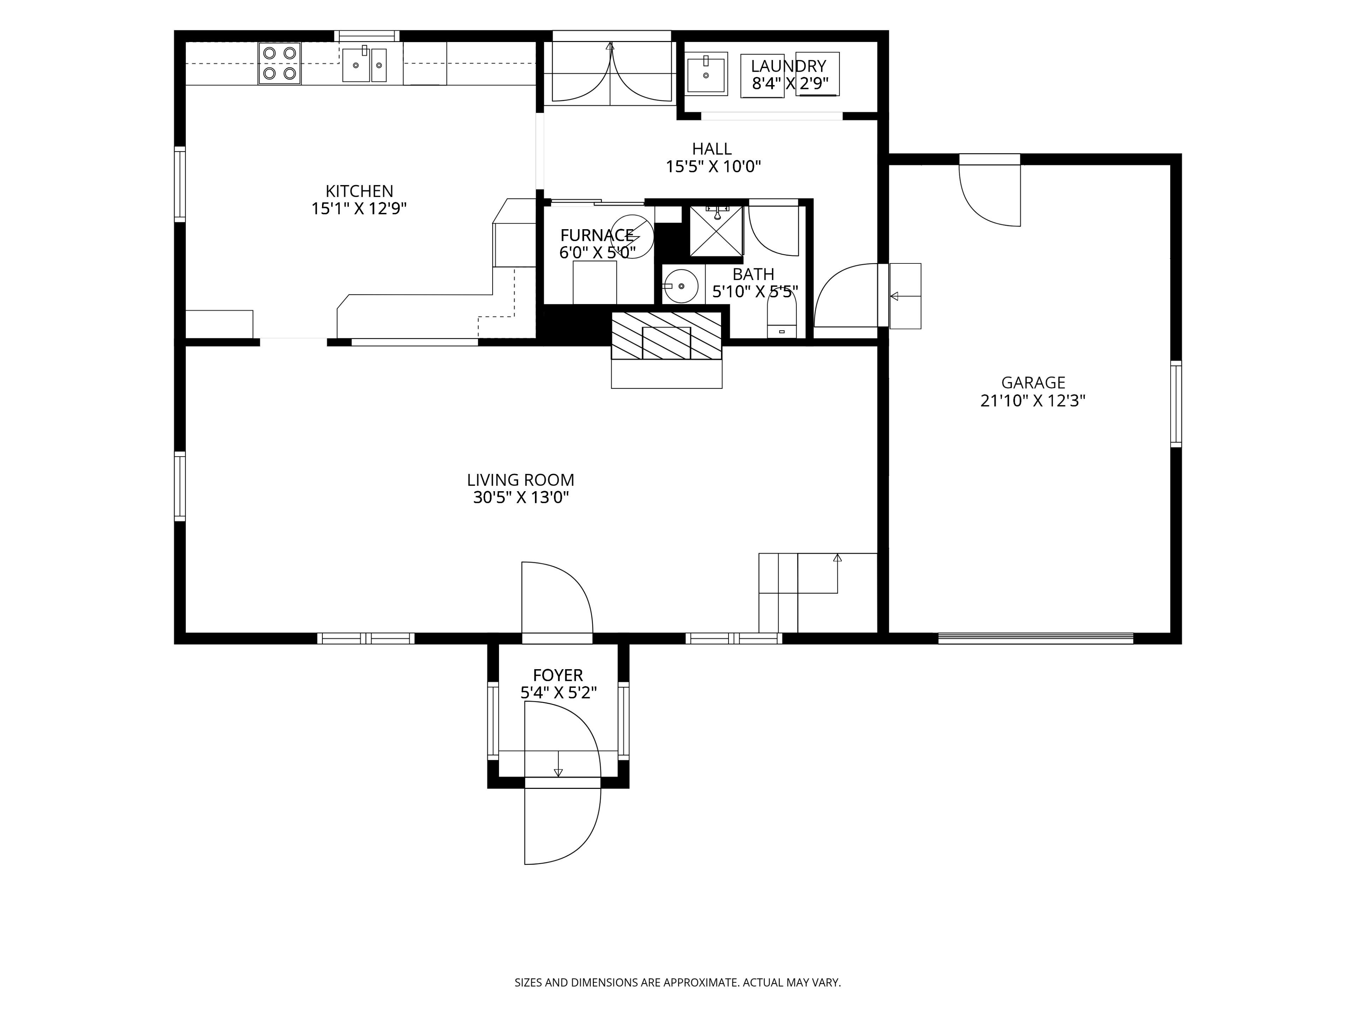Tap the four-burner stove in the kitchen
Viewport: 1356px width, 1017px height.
pos(280,63)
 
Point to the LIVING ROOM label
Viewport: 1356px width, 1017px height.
pos(521,480)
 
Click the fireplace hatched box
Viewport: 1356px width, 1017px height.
pos(666,335)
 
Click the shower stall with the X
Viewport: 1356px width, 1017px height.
pos(716,231)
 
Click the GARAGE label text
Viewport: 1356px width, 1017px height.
pos(1033,382)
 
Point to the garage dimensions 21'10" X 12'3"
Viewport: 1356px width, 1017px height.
pos(1033,401)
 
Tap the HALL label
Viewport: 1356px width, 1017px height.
pos(712,149)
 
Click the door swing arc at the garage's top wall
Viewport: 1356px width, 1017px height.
pos(981,208)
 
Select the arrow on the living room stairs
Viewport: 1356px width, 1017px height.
pos(837,573)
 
